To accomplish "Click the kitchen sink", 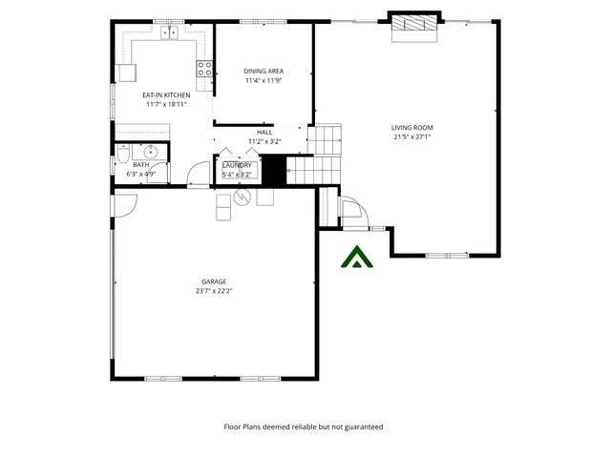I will click(x=171, y=33).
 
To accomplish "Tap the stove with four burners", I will click(x=203, y=68).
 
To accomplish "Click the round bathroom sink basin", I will click(x=150, y=152).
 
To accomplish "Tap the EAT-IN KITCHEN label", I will click(x=166, y=95).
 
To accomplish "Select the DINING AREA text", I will click(x=263, y=72).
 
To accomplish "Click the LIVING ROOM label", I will click(x=412, y=127).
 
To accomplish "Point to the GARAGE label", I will click(x=213, y=281).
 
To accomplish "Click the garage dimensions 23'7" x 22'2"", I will click(x=213, y=290).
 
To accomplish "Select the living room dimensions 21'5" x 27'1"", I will click(x=412, y=136).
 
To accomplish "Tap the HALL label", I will click(x=264, y=133).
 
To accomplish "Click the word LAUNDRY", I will click(x=237, y=165).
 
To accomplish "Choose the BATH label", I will click(x=141, y=165).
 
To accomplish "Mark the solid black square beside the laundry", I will click(x=274, y=172).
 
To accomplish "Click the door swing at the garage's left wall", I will click(x=125, y=204).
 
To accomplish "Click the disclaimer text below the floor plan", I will click(x=303, y=427).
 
